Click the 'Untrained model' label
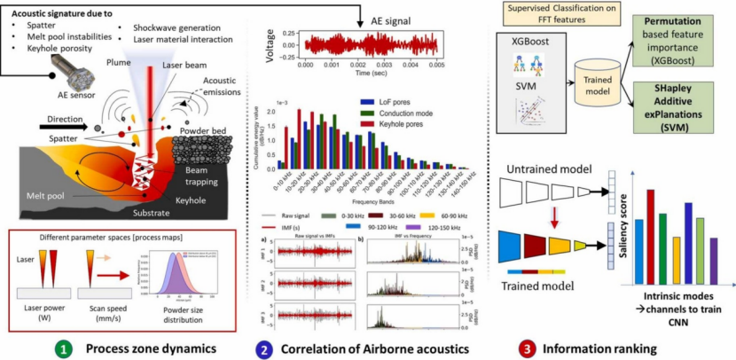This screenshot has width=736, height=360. coord(551,168)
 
